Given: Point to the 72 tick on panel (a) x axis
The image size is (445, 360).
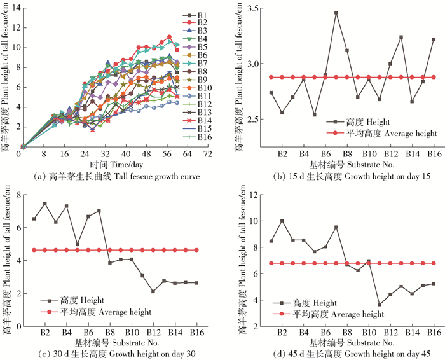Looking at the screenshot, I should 207,154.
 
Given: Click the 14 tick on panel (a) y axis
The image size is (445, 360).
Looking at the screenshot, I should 15,8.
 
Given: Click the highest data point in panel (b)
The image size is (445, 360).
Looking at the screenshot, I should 336,13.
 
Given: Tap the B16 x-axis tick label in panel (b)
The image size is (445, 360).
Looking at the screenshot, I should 434,155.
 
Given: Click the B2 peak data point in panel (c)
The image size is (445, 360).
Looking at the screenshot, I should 45,204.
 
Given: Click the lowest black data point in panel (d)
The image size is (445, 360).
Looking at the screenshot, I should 380,305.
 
